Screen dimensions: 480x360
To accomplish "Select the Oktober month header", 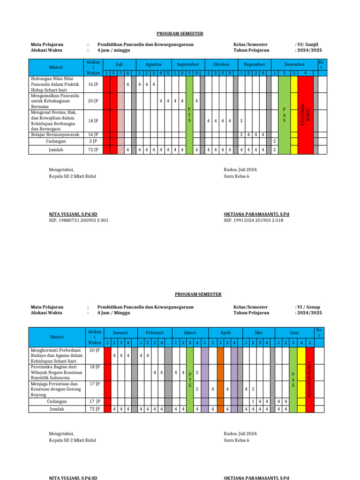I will click(x=221, y=64).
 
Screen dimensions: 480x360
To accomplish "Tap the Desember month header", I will click(x=294, y=64).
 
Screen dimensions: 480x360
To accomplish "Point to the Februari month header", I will click(x=154, y=332).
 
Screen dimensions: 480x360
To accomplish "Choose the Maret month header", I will click(x=190, y=332).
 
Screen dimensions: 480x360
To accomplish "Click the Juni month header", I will click(x=294, y=332).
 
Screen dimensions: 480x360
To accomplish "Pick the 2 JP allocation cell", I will click(x=93, y=141).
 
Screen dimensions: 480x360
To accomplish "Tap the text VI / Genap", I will click(x=309, y=307).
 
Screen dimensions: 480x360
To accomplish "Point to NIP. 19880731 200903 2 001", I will click(x=79, y=220).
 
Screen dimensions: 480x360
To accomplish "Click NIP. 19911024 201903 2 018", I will click(x=254, y=220).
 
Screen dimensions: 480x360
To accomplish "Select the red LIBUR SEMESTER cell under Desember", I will click(x=305, y=115).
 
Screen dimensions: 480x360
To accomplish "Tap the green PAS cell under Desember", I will click(x=284, y=115).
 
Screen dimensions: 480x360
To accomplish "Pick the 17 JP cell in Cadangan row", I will click(x=94, y=402).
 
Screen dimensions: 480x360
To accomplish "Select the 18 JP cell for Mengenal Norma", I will click(x=93, y=121).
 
